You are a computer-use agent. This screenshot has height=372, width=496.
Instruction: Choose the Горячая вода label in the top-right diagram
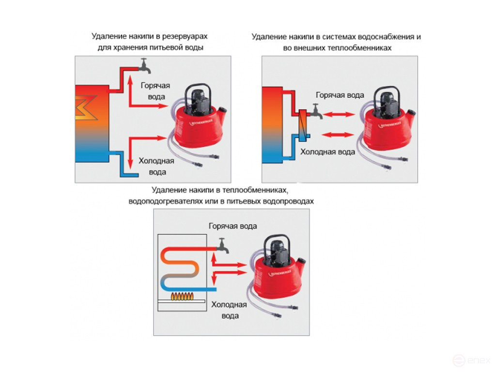[340, 95]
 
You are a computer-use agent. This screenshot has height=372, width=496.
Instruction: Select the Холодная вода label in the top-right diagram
[328, 152]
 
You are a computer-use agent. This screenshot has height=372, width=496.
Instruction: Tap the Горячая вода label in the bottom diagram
[233, 226]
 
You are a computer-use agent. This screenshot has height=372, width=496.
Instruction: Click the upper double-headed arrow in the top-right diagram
[338, 115]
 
